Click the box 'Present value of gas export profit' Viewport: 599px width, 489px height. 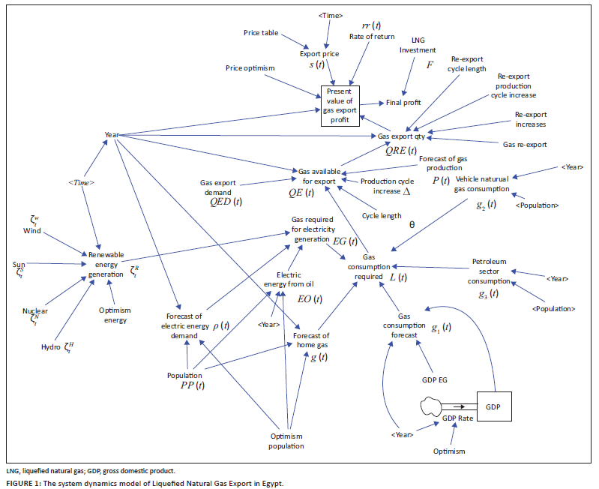pos(341,106)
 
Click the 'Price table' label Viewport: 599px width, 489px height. pos(261,33)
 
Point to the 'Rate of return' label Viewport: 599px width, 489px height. pos(367,36)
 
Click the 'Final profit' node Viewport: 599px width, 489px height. pos(404,103)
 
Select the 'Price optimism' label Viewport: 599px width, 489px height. pos(250,68)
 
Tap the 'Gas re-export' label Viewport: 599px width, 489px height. pos(524,143)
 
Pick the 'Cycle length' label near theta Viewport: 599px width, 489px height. pos(382,215)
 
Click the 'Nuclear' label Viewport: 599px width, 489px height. pos(35,310)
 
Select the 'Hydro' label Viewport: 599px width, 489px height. pos(51,347)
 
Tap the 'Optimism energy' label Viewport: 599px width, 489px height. pos(115,315)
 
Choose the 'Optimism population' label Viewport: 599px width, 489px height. pos(287,441)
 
